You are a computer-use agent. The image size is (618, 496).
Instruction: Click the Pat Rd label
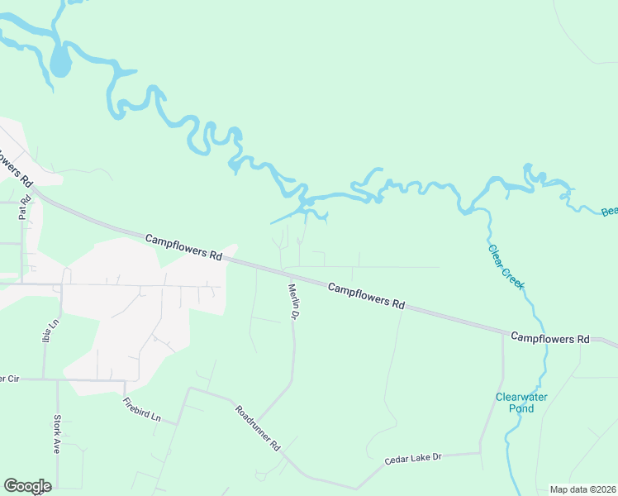pyautogui.click(x=23, y=207)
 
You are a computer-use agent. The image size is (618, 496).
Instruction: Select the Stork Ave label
pyautogui.click(x=57, y=434)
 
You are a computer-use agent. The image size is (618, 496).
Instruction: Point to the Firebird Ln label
pyautogui.click(x=141, y=410)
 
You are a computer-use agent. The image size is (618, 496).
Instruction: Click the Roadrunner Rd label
pyautogui.click(x=258, y=427)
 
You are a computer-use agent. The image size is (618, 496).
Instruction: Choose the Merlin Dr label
pyautogui.click(x=292, y=303)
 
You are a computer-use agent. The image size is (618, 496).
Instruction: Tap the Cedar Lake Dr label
pyautogui.click(x=414, y=458)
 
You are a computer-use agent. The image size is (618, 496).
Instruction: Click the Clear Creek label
pyautogui.click(x=506, y=266)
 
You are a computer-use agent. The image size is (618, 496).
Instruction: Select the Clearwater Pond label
pyautogui.click(x=521, y=403)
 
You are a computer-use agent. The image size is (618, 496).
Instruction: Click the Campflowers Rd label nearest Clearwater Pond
pyautogui.click(x=549, y=338)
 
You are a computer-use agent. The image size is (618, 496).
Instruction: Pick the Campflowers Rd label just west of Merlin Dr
pyautogui.click(x=184, y=247)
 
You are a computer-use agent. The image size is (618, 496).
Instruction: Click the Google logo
pyautogui.click(x=27, y=486)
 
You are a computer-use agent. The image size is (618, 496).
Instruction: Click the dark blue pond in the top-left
pyautogui.click(x=59, y=62)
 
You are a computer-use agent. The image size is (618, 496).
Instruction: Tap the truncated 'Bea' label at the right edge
pyautogui.click(x=610, y=212)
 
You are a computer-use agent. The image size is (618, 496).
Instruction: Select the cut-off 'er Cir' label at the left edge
pyautogui.click(x=9, y=379)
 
